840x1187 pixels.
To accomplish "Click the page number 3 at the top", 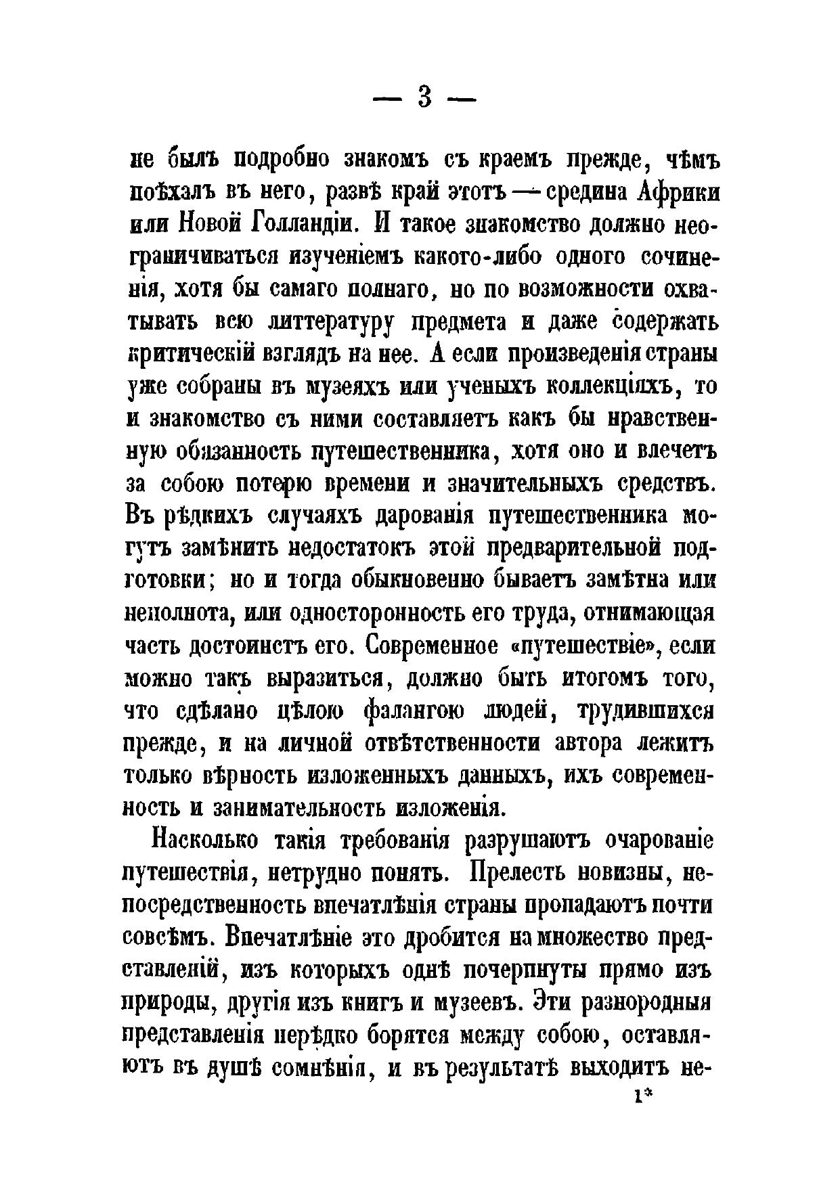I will coord(425,98).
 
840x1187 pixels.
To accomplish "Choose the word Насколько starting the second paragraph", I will coord(204,842).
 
